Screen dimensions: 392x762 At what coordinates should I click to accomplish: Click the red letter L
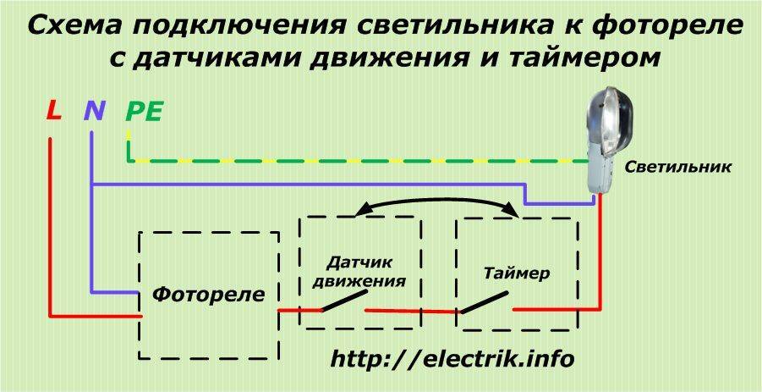[53, 111]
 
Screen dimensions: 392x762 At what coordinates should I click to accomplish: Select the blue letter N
[93, 111]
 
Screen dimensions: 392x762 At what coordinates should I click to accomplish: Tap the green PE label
[144, 111]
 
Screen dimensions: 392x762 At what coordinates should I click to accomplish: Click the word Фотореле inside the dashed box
[209, 295]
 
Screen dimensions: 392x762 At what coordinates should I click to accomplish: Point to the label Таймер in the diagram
[517, 273]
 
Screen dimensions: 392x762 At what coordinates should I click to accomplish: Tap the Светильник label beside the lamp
[678, 168]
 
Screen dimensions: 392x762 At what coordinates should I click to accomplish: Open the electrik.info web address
[452, 359]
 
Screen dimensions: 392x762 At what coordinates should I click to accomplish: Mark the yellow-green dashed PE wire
[355, 160]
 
